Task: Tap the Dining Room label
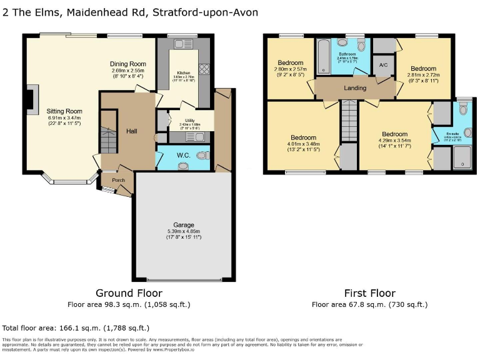pos(128,64)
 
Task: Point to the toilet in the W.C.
pos(201,156)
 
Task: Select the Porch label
pos(118,181)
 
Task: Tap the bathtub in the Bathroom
pos(322,56)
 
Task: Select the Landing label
pos(355,88)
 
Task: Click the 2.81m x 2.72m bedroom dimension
pos(423,75)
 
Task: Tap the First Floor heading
pos(369,293)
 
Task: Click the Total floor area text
pos(75,327)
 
